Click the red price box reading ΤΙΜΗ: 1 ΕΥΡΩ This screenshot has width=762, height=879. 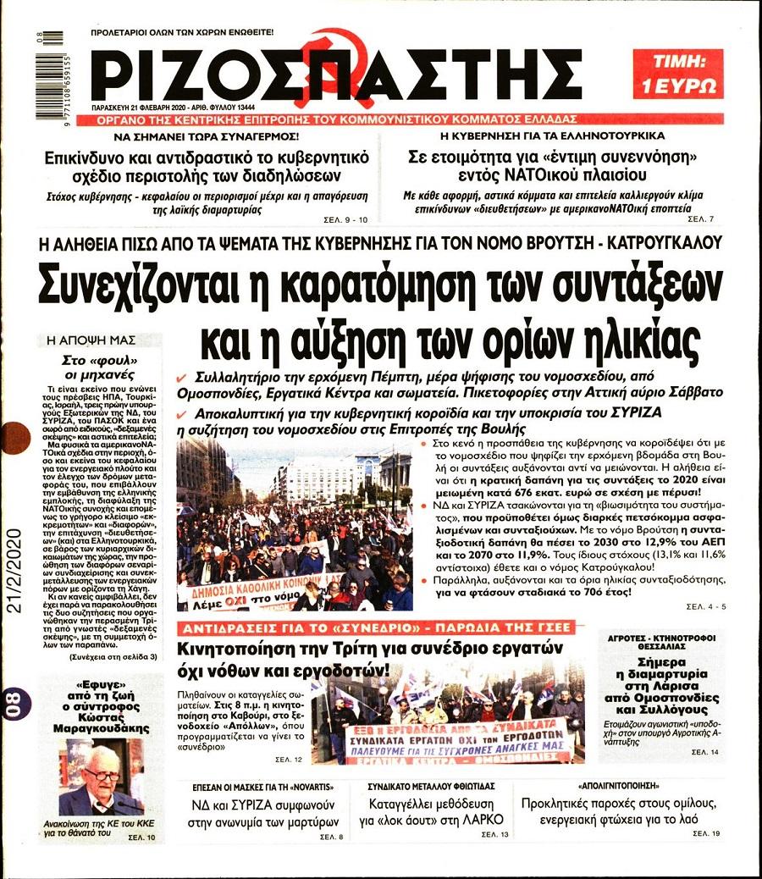coord(677,73)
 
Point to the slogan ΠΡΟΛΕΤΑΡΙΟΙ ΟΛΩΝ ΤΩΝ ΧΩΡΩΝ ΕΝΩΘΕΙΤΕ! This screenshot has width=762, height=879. coord(181,31)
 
